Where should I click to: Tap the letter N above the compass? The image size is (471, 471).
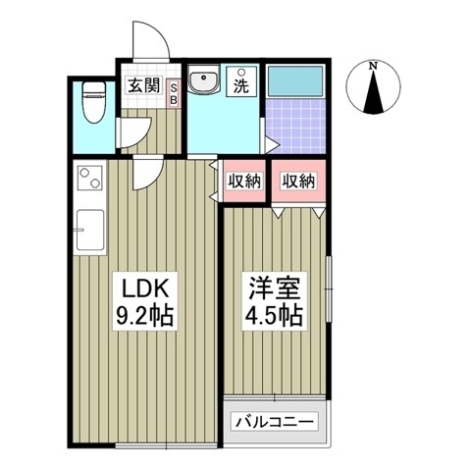point(374,66)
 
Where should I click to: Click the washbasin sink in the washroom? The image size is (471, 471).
point(206,82)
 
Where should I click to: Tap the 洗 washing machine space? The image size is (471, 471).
point(239,84)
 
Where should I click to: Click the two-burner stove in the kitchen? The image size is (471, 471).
point(89,180)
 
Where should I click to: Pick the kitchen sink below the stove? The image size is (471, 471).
point(87,231)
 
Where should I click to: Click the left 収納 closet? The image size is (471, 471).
point(243,181)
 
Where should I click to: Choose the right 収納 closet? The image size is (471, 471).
point(298,181)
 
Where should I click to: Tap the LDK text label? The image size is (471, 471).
point(146,289)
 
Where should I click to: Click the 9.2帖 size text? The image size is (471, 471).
point(146,318)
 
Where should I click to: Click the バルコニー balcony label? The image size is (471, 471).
point(274,422)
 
